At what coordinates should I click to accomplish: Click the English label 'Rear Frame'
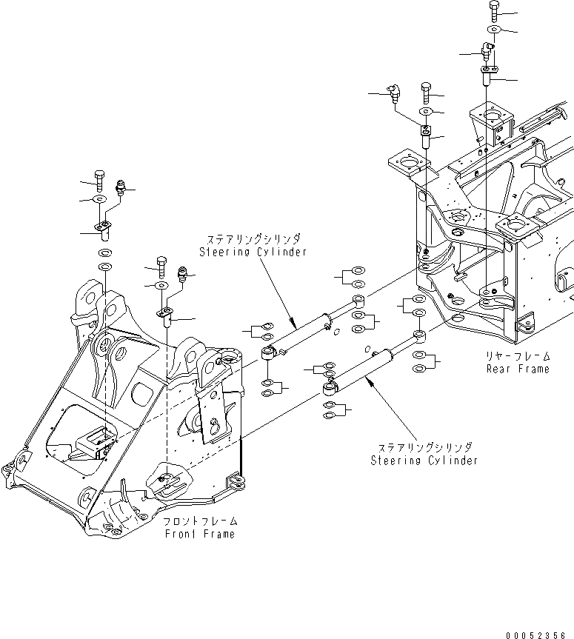518,369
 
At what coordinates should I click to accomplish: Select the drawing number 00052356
538,634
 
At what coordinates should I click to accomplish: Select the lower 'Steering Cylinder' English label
424,460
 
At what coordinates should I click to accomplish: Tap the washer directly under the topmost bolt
494,29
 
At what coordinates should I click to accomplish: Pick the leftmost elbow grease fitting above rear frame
393,93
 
